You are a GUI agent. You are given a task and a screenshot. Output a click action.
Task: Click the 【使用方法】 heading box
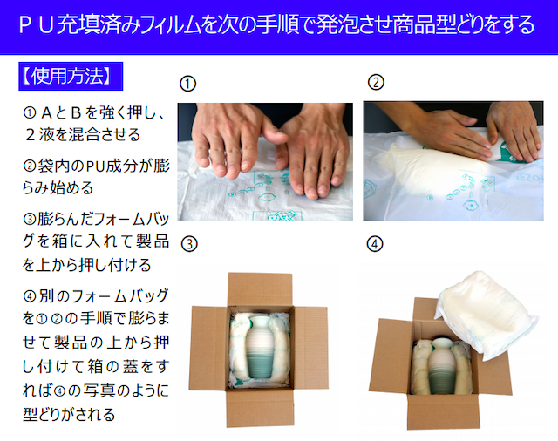click(x=71, y=76)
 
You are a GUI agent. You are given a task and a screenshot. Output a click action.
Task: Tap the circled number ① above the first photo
click(x=187, y=84)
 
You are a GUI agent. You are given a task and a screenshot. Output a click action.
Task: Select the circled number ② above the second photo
click(x=376, y=82)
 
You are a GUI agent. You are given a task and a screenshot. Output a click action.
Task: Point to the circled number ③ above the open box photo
click(x=189, y=244)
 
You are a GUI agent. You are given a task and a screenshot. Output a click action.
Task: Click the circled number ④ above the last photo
click(x=375, y=244)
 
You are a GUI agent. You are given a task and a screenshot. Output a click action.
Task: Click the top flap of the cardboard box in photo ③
click(x=260, y=289)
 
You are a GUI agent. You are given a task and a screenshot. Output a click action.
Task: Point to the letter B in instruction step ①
click(x=76, y=112)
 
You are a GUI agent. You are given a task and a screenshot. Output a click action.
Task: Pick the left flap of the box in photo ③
click(x=210, y=348)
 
